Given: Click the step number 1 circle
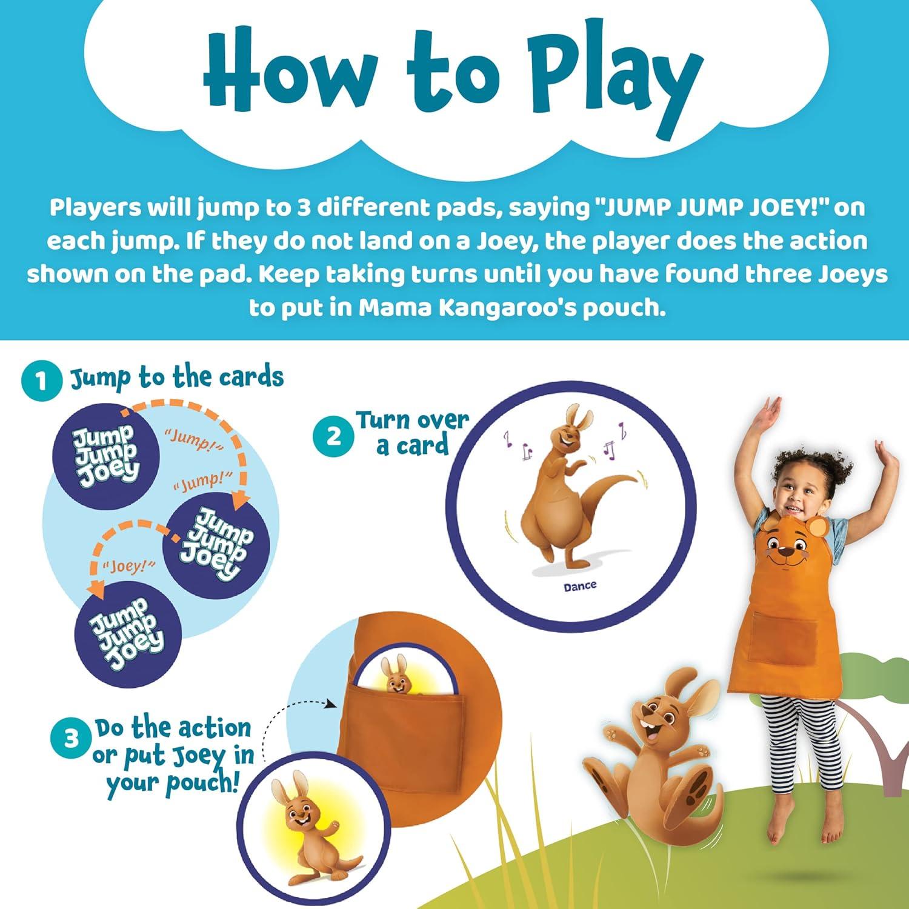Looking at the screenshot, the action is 41,381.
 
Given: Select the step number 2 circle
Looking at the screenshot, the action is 334,437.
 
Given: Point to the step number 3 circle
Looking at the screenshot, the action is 72,739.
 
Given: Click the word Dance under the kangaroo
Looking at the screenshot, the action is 580,586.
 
